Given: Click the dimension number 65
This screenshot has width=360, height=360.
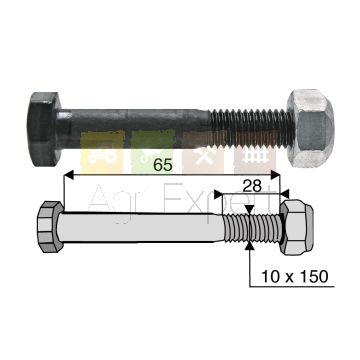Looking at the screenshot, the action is pyautogui.click(x=163, y=165).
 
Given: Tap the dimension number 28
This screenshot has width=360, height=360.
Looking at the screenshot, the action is pyautogui.click(x=252, y=187).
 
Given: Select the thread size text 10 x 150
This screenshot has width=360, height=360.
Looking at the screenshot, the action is pyautogui.click(x=295, y=277).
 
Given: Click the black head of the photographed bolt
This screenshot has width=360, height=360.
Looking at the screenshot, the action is pyautogui.click(x=43, y=129).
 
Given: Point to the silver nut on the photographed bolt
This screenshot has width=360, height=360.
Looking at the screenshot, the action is pyautogui.click(x=311, y=129).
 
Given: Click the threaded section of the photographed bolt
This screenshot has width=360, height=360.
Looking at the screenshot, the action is pyautogui.click(x=249, y=129).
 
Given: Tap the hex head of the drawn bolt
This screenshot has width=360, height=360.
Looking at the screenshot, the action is pyautogui.click(x=50, y=227).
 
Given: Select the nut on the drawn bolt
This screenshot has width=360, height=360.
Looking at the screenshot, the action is pyautogui.click(x=297, y=227).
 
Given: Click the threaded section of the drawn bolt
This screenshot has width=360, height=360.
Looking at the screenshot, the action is pyautogui.click(x=253, y=228).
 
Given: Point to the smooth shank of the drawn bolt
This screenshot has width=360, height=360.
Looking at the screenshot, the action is pyautogui.click(x=141, y=228).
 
